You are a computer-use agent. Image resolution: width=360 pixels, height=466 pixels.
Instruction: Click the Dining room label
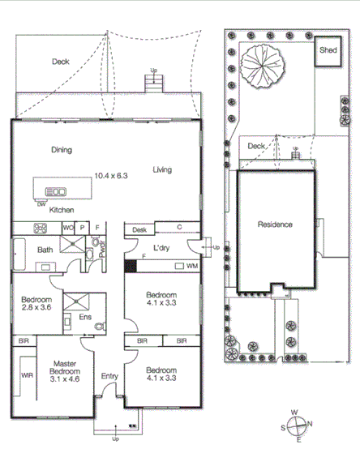pyautogui.click(x=62, y=150)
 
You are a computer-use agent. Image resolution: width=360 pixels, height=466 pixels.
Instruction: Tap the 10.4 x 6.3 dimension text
pyautogui.click(x=110, y=175)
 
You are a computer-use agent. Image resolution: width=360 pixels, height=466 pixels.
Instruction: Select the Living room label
pyautogui.click(x=163, y=169)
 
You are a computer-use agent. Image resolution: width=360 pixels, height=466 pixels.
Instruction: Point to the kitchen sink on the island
pyautogui.click(x=56, y=192)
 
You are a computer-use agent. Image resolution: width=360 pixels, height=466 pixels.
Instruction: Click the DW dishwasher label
pyautogui.click(x=41, y=203)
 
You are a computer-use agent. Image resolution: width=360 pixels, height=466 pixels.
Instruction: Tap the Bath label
pyautogui.click(x=45, y=250)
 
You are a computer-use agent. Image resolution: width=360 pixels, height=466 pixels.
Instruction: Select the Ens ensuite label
pyautogui.click(x=85, y=317)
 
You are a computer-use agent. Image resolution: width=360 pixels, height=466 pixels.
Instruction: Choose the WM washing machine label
pyautogui.click(x=191, y=266)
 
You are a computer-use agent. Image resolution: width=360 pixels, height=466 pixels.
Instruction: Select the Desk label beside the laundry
pyautogui.click(x=139, y=230)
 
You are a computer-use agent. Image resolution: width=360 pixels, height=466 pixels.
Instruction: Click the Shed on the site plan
pyautogui.click(x=328, y=50)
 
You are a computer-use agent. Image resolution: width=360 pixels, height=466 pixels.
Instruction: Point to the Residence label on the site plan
pyautogui.click(x=275, y=224)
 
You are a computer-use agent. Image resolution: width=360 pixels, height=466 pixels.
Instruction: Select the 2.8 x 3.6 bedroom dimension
pyautogui.click(x=36, y=308)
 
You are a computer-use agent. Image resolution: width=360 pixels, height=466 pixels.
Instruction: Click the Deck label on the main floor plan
pyautogui.click(x=61, y=62)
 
